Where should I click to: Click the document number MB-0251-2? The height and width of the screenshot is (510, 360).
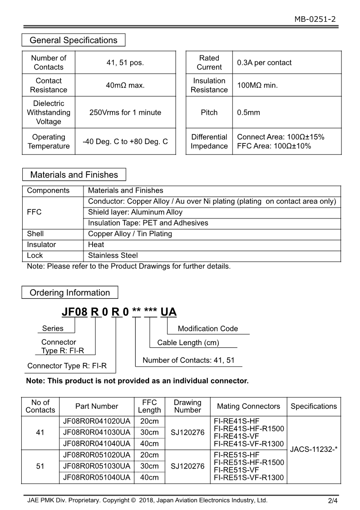(x=315, y=19)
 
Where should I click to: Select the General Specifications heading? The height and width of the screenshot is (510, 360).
(x=73, y=40)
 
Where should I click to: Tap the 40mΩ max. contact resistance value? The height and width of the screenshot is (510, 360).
(x=125, y=85)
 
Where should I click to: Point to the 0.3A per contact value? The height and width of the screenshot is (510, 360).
(x=264, y=63)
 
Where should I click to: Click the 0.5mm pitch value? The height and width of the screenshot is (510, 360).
(x=248, y=112)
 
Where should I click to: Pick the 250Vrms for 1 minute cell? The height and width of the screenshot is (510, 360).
(x=125, y=112)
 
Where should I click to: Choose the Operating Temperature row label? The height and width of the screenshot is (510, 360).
(x=49, y=141)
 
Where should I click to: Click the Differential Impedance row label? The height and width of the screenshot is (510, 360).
(x=209, y=141)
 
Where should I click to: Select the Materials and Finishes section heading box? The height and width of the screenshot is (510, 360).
(x=74, y=175)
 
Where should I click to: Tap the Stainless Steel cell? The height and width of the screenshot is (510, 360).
(x=113, y=255)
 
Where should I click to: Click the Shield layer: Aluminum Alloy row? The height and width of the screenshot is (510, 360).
(x=135, y=212)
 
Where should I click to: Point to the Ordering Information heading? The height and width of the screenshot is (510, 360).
(x=69, y=292)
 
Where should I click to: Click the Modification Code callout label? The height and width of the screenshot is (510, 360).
(x=207, y=328)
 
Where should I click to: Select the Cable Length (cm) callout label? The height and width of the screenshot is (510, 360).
(x=188, y=342)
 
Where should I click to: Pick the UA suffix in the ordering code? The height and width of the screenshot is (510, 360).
(x=169, y=312)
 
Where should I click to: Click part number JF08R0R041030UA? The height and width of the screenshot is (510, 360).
(x=97, y=432)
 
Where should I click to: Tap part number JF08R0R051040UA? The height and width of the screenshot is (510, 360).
(x=97, y=477)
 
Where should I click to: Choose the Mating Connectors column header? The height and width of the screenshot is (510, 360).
(x=248, y=406)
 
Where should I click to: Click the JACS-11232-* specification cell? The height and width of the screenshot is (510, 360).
(x=314, y=449)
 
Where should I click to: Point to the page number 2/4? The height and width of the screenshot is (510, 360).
(x=333, y=501)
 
